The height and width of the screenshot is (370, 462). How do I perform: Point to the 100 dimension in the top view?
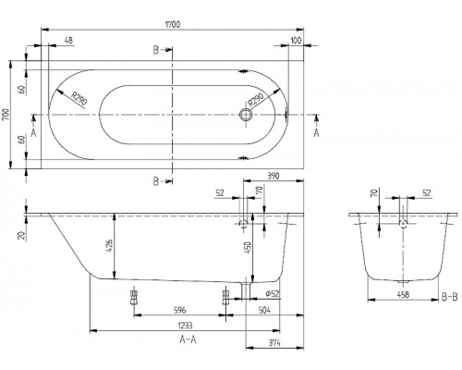coord(296,41)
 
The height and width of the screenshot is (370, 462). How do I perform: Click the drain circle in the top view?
coord(246,117)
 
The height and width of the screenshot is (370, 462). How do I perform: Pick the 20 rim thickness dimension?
coord(21,234)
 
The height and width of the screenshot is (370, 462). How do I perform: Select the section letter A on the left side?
coord(34,132)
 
